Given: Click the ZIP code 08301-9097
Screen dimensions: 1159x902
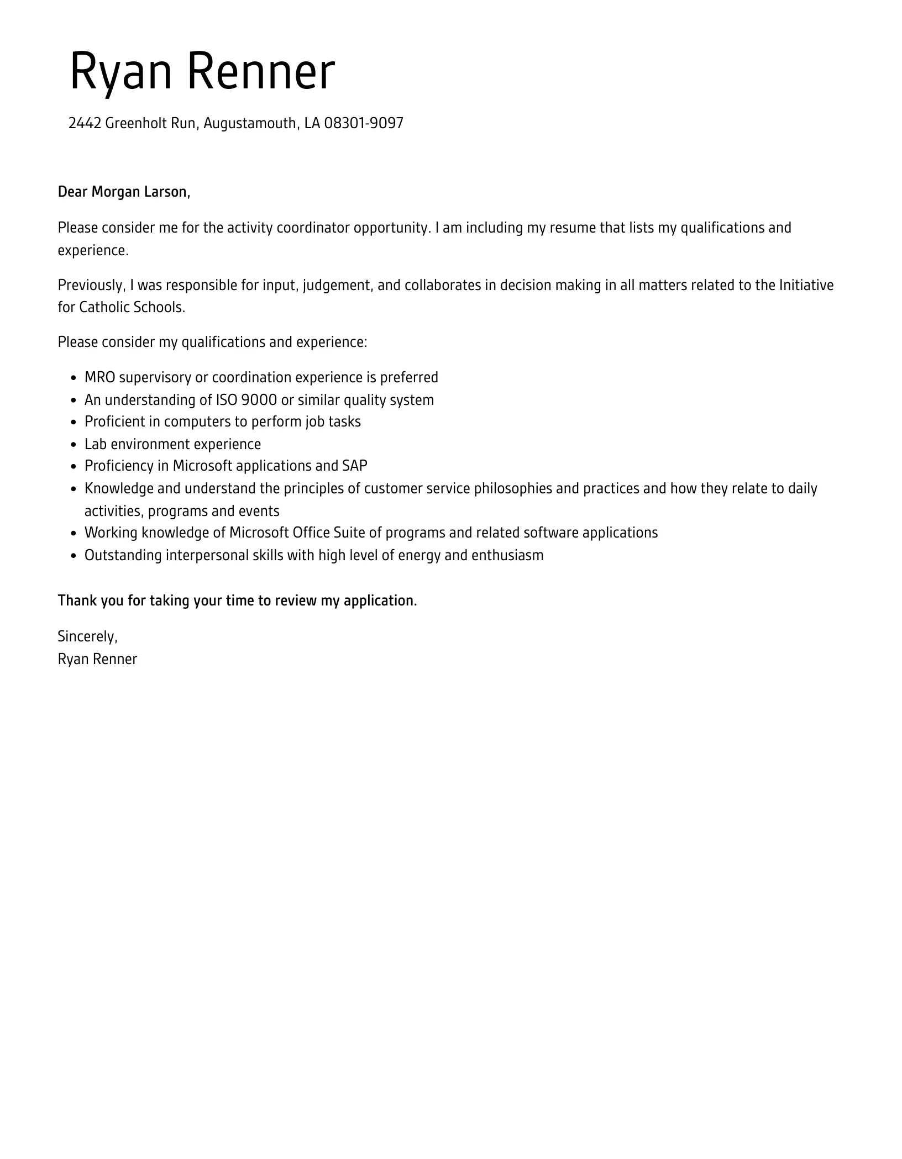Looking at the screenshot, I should point(364,123).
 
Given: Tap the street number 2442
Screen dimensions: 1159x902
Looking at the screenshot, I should point(85,123).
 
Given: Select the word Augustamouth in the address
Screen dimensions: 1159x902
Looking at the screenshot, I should point(250,123).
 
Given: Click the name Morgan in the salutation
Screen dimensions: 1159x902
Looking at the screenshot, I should point(116,192).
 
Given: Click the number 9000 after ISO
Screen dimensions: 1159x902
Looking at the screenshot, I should point(259,399).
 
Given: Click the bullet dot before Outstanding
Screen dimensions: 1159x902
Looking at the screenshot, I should point(74,556).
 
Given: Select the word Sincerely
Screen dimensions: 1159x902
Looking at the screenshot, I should point(87,636).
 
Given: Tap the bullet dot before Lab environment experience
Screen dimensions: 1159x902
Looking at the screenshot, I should point(74,445).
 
